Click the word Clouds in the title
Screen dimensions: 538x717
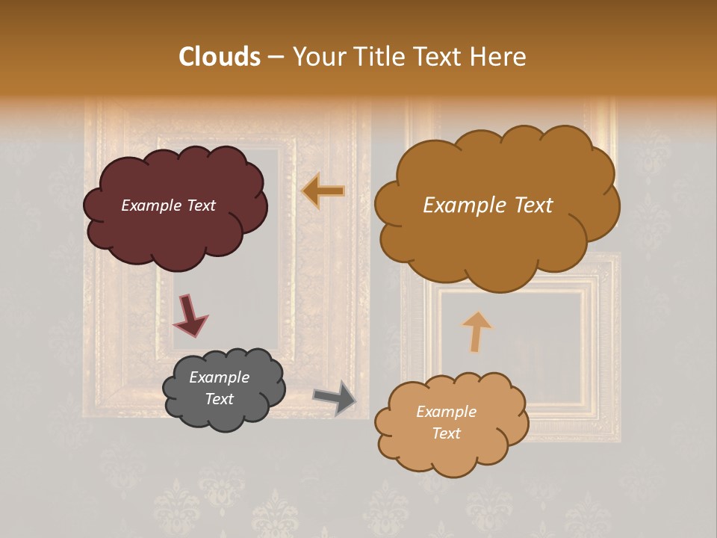click(x=220, y=57)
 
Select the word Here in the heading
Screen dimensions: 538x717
click(x=500, y=57)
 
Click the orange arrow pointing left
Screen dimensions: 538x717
click(x=323, y=191)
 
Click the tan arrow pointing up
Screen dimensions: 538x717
click(x=476, y=331)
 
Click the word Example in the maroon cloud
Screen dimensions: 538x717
click(x=150, y=205)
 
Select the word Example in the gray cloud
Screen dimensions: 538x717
click(x=219, y=377)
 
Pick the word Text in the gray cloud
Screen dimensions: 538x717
click(x=219, y=399)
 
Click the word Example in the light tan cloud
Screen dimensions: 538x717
click(x=446, y=412)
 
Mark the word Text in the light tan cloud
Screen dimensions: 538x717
click(x=446, y=433)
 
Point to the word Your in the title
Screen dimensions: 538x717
click(x=317, y=57)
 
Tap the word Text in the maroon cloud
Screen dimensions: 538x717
click(x=199, y=205)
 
